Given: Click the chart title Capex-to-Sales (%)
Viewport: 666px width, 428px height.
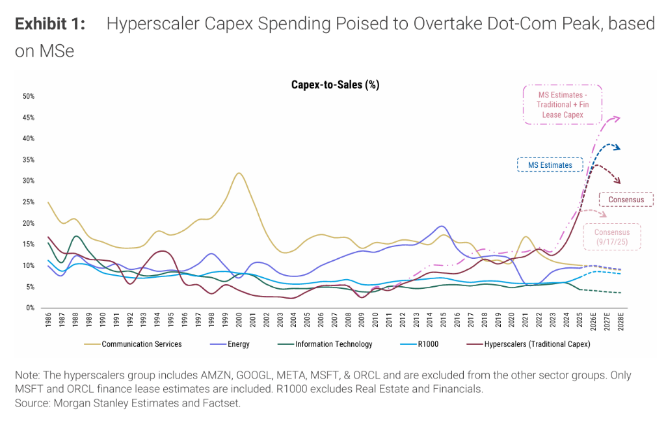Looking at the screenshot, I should point(335,85).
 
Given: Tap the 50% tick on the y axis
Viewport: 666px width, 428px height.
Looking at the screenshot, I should point(29,96).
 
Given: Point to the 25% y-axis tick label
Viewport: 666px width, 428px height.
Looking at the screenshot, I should point(29,202).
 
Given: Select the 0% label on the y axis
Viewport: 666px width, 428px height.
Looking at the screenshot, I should point(31,308).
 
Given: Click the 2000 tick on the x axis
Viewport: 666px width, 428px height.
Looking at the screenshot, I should point(239,322).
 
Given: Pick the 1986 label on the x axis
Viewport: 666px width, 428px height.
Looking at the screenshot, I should point(49,322).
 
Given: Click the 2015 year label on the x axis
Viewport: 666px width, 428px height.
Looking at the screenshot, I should point(444,322).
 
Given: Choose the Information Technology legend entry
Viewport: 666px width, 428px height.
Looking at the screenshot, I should point(332,344).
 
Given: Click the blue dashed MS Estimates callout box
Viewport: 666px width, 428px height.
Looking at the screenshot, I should point(550,165).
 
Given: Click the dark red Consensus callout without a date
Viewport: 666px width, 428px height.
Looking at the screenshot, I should point(626,200).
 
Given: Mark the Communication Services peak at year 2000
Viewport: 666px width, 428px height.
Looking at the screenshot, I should point(239,173).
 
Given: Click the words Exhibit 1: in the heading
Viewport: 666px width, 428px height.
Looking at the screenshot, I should point(50,24).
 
